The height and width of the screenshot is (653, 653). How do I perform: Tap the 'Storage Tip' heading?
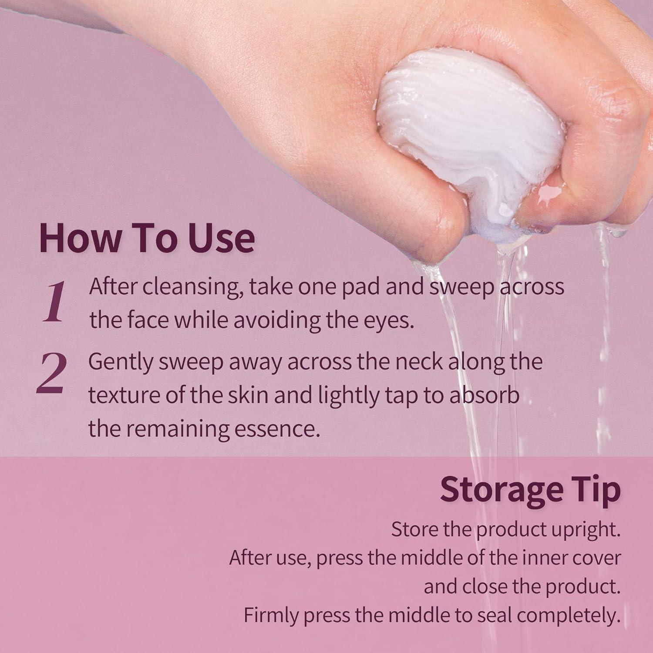(530, 490)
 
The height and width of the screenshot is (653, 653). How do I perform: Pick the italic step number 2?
(52, 373)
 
